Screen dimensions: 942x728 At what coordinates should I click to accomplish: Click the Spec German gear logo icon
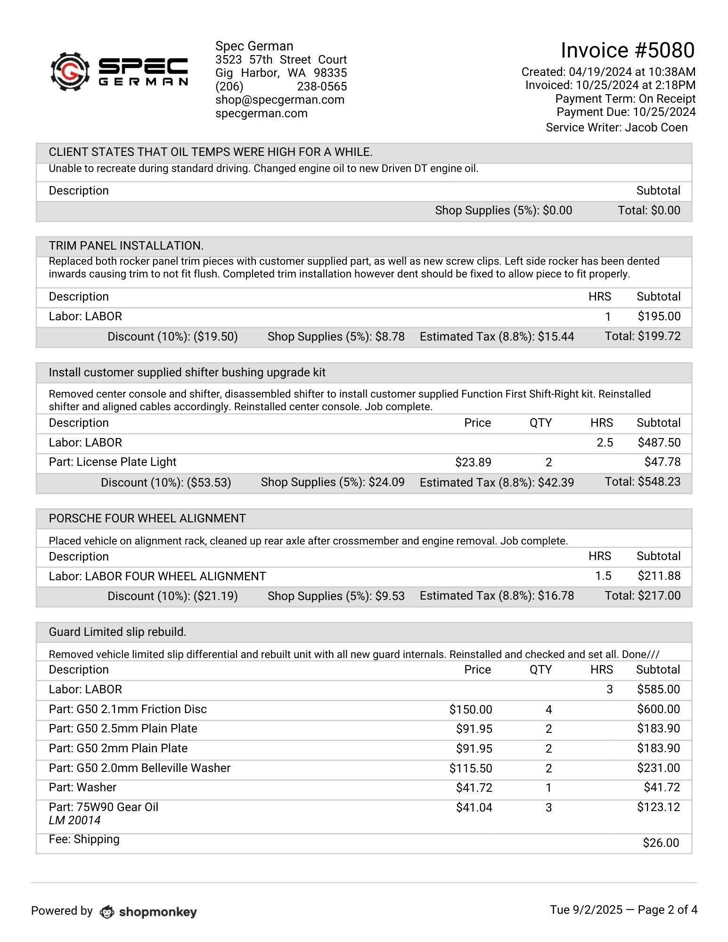pyautogui.click(x=70, y=71)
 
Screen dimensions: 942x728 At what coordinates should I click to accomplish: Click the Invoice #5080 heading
pyautogui.click(x=627, y=50)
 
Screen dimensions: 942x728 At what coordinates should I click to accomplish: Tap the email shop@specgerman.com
pyautogui.click(x=279, y=100)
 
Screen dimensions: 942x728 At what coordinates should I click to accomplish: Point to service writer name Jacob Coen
pyautogui.click(x=656, y=128)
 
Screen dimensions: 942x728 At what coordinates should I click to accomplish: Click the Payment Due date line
pyautogui.click(x=626, y=112)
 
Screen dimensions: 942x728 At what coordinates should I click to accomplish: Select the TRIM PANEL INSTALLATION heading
pyautogui.click(x=126, y=246)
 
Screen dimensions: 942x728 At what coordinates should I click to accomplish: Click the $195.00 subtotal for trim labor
pyautogui.click(x=659, y=317)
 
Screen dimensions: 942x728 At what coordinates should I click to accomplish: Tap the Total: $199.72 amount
pyautogui.click(x=643, y=336)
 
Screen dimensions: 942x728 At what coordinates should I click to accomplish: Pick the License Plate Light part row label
pyautogui.click(x=113, y=462)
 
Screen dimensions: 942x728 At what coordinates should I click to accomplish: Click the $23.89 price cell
pyautogui.click(x=473, y=463)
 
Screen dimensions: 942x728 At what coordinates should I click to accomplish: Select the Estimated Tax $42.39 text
pyautogui.click(x=497, y=482)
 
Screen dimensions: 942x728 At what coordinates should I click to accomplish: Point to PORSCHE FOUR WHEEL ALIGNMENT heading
pyautogui.click(x=147, y=519)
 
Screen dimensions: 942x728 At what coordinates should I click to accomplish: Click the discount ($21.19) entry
pyautogui.click(x=172, y=596)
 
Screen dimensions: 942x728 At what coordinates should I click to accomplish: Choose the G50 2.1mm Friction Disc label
pyautogui.click(x=128, y=709)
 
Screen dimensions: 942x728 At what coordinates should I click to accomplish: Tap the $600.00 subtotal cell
pyautogui.click(x=658, y=709)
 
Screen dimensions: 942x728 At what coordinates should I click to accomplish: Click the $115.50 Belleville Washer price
pyautogui.click(x=470, y=769)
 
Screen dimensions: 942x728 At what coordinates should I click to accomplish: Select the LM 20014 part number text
pyautogui.click(x=74, y=820)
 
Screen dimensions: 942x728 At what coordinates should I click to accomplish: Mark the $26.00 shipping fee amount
pyautogui.click(x=661, y=843)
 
